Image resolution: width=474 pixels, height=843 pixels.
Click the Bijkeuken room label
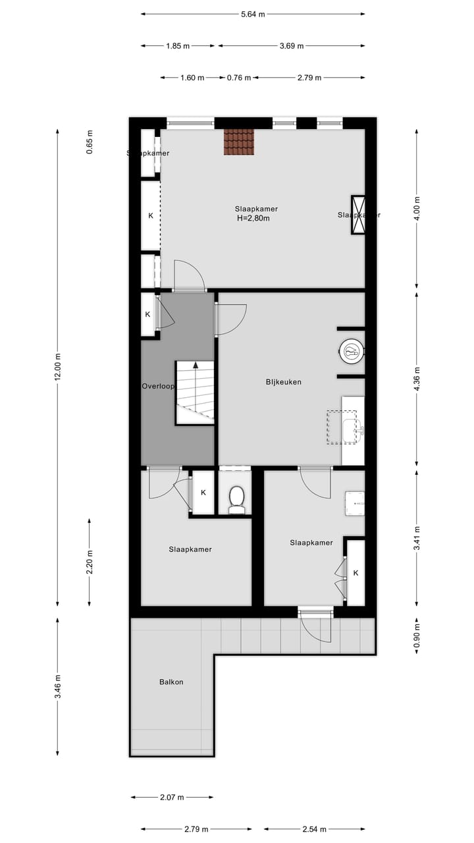point(283,381)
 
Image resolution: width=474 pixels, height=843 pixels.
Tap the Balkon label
point(171,682)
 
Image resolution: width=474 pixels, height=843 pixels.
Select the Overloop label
point(158,386)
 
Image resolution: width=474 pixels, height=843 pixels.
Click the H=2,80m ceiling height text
point(253,219)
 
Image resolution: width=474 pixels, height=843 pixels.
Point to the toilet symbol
point(236,499)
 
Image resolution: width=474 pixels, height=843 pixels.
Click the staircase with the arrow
point(195,393)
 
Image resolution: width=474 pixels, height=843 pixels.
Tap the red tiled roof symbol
point(238,142)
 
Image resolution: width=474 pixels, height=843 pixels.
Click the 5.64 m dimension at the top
point(253,14)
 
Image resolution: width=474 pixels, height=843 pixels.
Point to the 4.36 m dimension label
point(417,379)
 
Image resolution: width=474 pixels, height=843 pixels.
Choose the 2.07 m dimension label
point(172,798)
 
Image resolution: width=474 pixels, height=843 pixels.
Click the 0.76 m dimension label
point(239,78)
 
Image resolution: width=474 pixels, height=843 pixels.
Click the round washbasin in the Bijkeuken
point(352,352)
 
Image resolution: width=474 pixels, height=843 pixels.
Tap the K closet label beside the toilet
point(203,493)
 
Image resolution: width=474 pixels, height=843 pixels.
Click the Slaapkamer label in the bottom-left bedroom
point(190,549)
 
